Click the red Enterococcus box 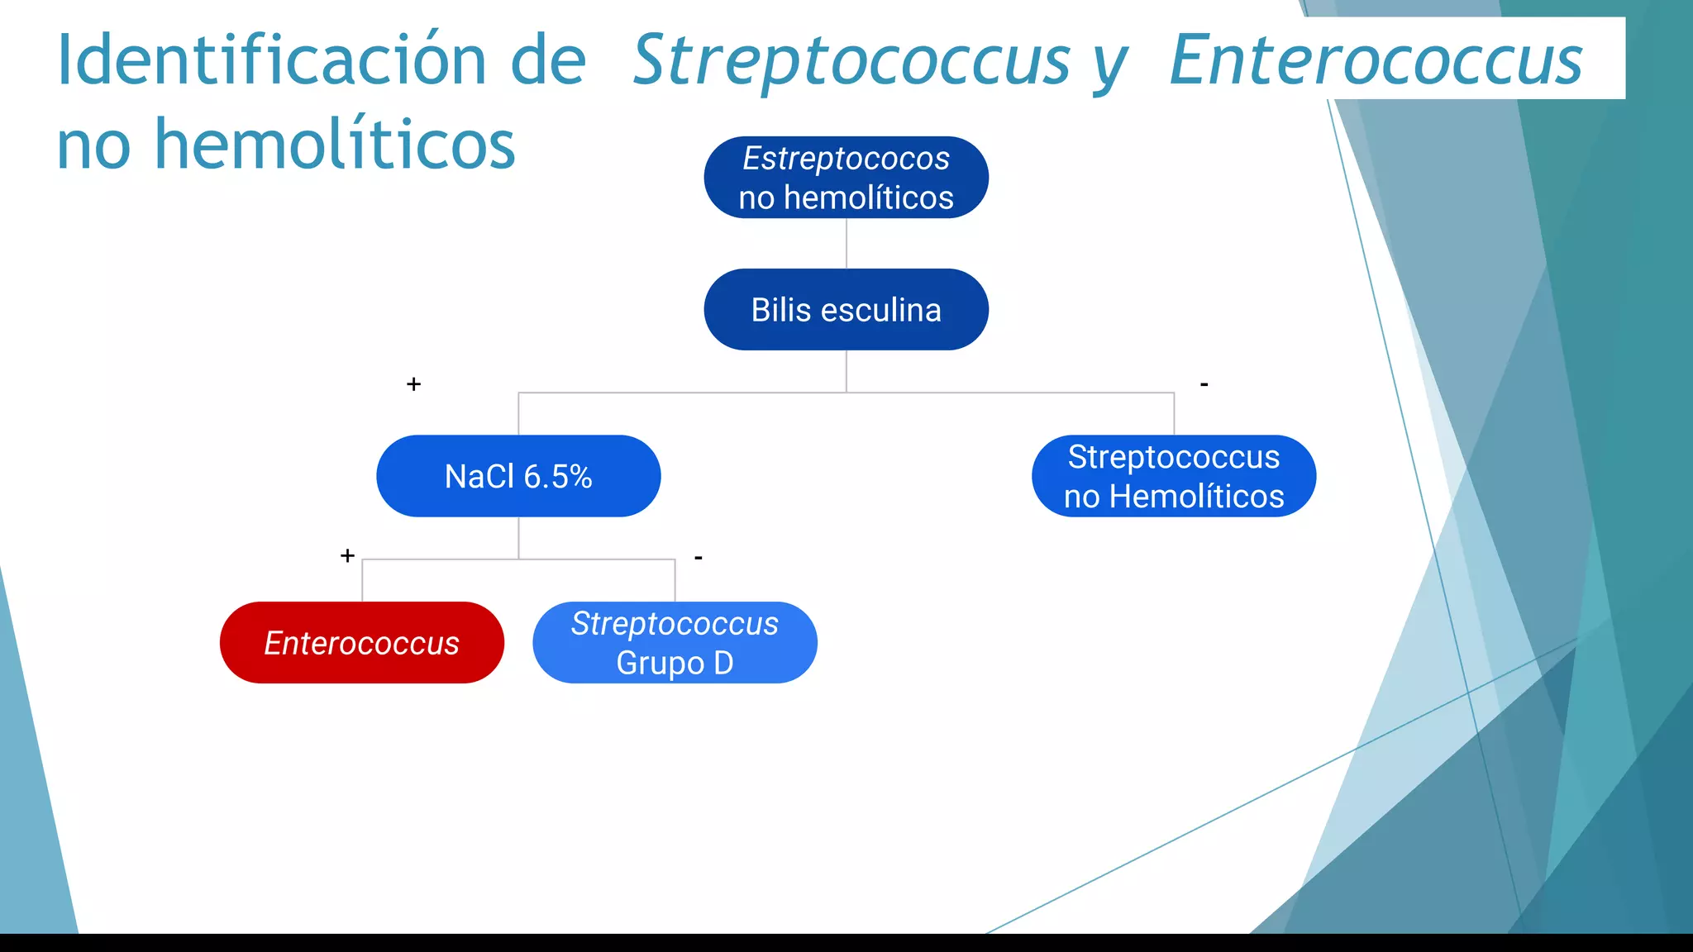point(361,643)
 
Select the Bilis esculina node point(846,310)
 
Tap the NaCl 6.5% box point(518,476)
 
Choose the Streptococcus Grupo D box point(675,643)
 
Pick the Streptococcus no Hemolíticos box point(1173,476)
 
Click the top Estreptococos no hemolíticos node point(846,178)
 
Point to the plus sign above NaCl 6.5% point(414,384)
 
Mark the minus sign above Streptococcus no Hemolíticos point(1204,384)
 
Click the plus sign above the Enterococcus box point(347,555)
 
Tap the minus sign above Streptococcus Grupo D point(699,558)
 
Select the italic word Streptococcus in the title point(851,59)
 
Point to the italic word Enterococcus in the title point(1376,59)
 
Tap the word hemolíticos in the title point(335,145)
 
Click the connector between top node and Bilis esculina point(846,243)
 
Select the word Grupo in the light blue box point(660,664)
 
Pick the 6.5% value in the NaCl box point(558,477)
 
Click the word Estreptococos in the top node point(846,158)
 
